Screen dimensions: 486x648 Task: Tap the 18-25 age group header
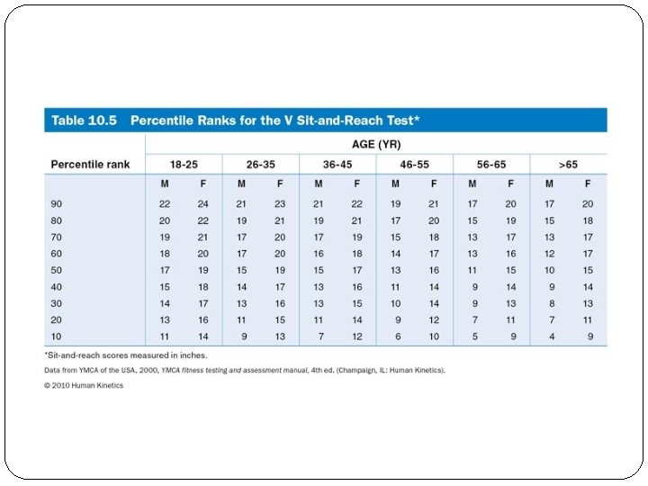184,165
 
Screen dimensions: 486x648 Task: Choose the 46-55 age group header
414,165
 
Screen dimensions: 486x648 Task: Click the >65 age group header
568,165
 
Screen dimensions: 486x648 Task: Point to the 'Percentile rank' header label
91,165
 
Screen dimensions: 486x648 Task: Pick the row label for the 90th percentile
58,203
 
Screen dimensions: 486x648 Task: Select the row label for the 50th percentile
58,269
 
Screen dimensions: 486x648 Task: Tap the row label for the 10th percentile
58,336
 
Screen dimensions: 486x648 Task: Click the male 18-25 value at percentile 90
165,203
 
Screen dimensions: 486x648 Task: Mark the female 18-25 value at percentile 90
202,203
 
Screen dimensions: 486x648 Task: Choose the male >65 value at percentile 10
551,336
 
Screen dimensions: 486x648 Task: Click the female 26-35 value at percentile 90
280,203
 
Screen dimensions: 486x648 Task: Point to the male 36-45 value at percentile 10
319,336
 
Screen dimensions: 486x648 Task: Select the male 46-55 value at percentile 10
397,336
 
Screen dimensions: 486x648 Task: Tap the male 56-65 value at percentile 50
472,269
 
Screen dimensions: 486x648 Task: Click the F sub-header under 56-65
511,184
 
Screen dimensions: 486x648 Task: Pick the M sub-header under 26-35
241,184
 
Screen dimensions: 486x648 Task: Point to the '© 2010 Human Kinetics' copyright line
85,385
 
